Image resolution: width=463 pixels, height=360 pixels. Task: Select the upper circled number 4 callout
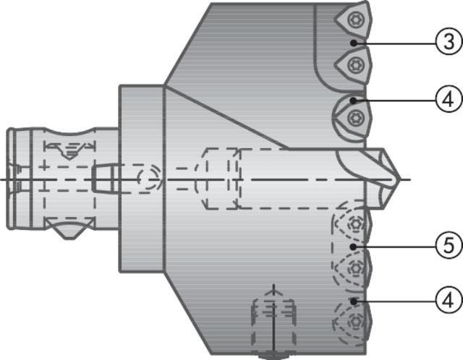[449, 100]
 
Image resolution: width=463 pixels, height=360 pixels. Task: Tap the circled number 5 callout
[449, 246]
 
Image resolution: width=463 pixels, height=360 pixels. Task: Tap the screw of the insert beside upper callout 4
[353, 116]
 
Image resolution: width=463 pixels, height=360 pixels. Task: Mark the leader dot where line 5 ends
[354, 246]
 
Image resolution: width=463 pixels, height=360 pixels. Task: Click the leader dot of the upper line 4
[354, 100]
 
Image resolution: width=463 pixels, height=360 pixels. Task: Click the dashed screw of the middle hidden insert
[354, 269]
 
